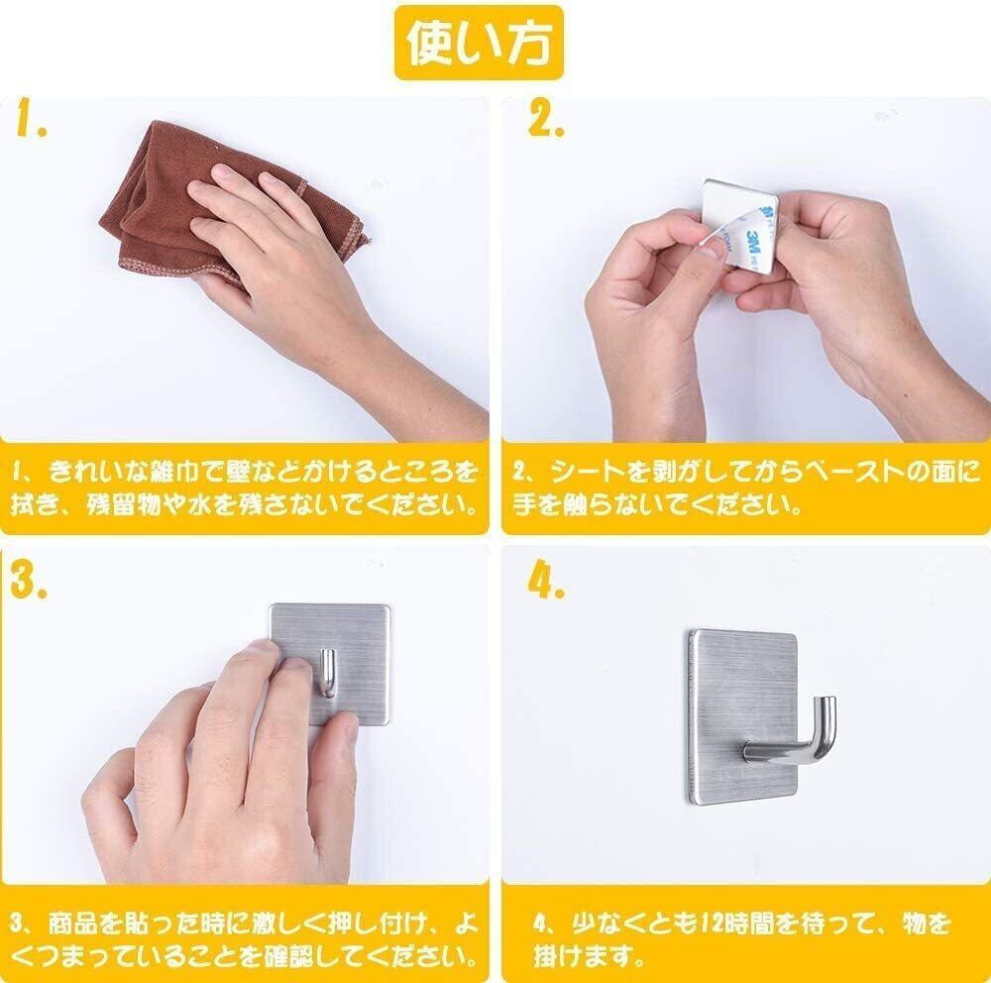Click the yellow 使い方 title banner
(479, 43)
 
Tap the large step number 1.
(31, 118)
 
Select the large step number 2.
(545, 118)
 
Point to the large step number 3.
(29, 579)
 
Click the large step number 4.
(546, 579)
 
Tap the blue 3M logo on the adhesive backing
(753, 245)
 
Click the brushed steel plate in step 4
(741, 716)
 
